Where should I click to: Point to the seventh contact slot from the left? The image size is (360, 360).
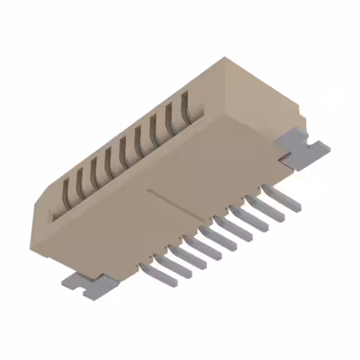pos(155,128)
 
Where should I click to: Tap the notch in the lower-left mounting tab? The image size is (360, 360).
pos(86,292)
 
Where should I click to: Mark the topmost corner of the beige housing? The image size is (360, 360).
pos(225,57)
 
